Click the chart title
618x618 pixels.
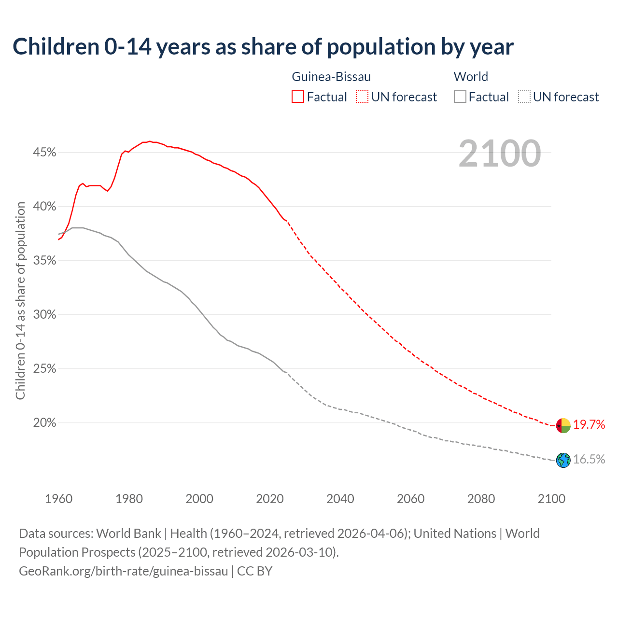click(x=263, y=47)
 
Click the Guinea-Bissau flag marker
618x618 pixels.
click(x=563, y=425)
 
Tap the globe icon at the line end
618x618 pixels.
click(x=563, y=460)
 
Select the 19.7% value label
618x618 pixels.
click(x=589, y=425)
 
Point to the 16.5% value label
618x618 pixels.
click(x=589, y=460)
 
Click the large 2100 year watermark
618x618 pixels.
click(x=499, y=154)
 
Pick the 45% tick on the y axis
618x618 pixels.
click(x=44, y=153)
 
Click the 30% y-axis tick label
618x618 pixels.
click(x=44, y=315)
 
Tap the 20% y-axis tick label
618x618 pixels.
click(x=44, y=423)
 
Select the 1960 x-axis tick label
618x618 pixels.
click(x=59, y=499)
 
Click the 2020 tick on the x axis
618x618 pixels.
click(x=270, y=499)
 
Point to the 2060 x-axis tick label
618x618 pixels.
click(x=410, y=499)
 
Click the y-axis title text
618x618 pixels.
click(x=20, y=300)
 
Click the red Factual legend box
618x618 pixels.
click(x=298, y=97)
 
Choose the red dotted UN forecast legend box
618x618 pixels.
click(x=362, y=97)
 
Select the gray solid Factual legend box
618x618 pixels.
click(x=460, y=97)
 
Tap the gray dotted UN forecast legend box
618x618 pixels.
click(x=524, y=97)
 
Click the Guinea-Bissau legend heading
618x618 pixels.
click(x=331, y=77)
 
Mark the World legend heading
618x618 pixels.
click(x=471, y=77)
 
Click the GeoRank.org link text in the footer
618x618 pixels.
click(x=123, y=571)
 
